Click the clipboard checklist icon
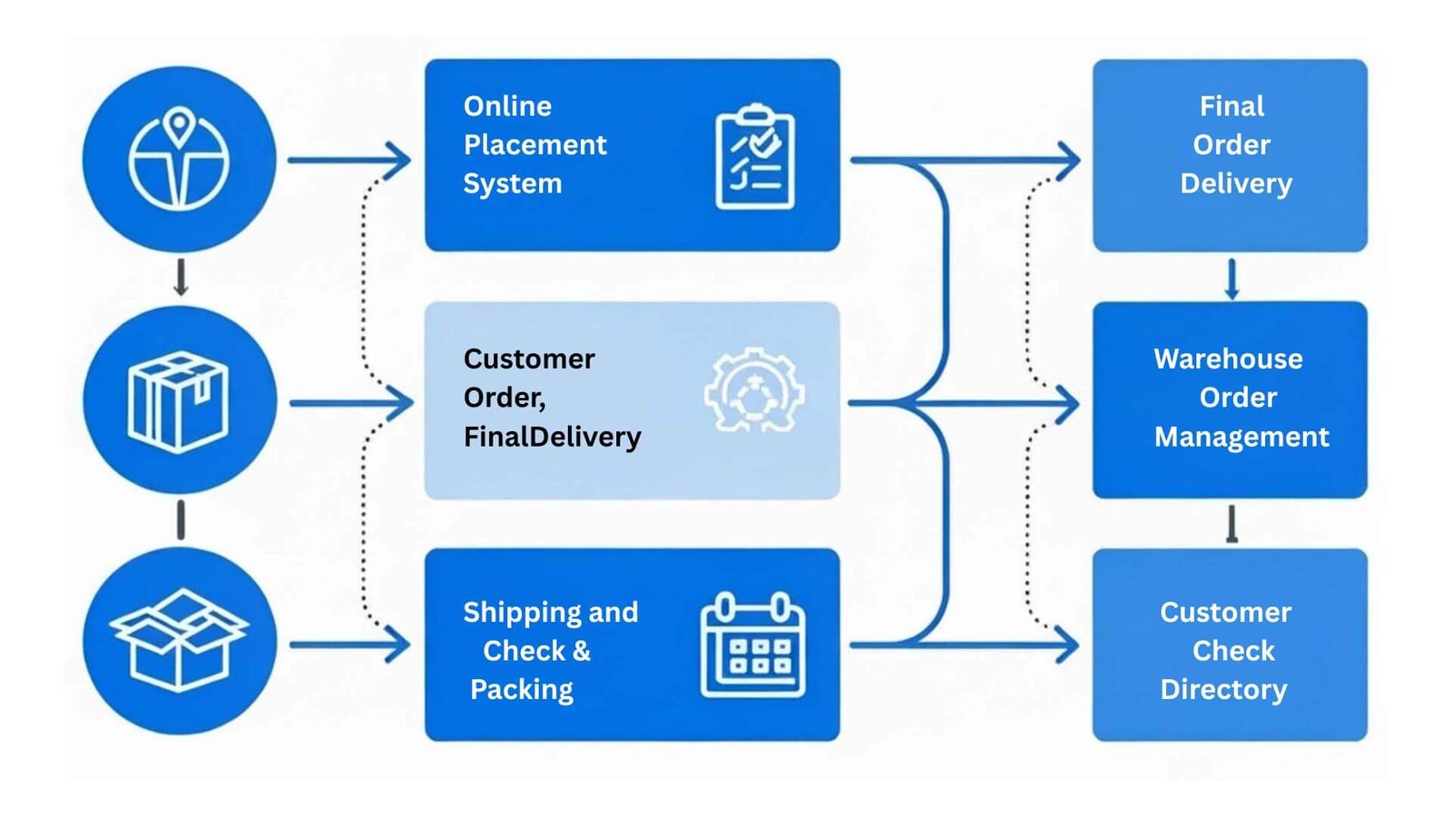(x=755, y=157)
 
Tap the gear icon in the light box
(x=754, y=391)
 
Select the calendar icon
(x=752, y=645)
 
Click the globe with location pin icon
(x=179, y=160)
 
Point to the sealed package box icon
(x=179, y=400)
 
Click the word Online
(x=507, y=106)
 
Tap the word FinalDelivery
(x=552, y=437)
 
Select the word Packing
(x=521, y=689)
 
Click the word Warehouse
(x=1228, y=359)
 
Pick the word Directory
(x=1223, y=689)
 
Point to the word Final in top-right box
(x=1231, y=106)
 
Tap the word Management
(x=1241, y=437)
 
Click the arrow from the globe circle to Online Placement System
(x=349, y=161)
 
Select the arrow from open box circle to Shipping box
(x=349, y=645)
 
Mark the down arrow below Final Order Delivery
(x=1231, y=279)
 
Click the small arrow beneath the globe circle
(x=181, y=277)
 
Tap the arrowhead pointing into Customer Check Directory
(x=1065, y=646)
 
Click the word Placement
(x=535, y=145)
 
